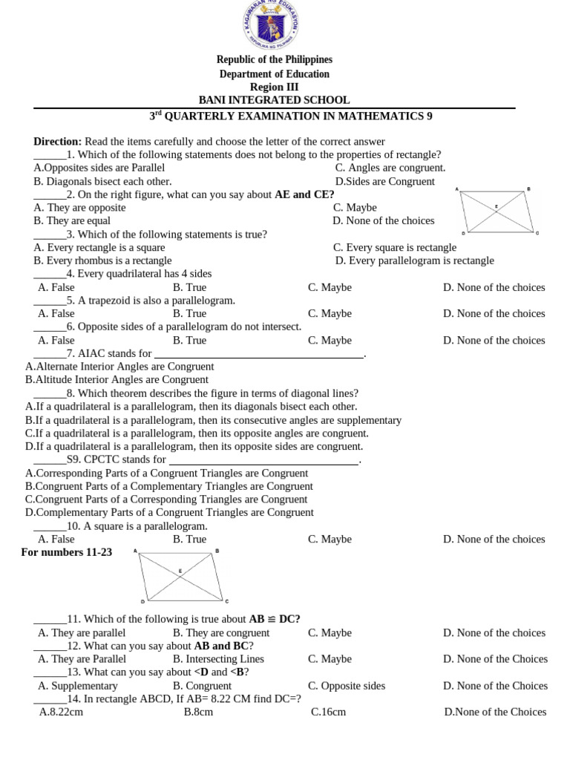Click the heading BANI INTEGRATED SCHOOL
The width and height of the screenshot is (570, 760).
pos(274,100)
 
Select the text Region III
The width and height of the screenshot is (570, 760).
pos(274,87)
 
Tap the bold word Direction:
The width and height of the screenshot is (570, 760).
pos(57,141)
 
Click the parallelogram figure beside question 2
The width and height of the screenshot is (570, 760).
pos(497,212)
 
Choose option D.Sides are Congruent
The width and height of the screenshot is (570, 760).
pos(385,181)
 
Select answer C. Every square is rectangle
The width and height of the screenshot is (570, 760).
pos(395,247)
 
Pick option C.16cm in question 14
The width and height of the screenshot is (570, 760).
pos(328,712)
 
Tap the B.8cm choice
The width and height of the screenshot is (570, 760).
pos(198,712)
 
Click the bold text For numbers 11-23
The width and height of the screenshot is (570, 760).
pos(67,552)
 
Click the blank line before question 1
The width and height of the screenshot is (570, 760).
pos(50,155)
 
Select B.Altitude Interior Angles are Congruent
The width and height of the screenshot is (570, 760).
pos(117,380)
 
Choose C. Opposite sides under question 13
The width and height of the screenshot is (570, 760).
pos(354,686)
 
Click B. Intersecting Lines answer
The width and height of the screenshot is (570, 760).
pos(218,659)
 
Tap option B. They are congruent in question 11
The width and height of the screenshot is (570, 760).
pos(221,633)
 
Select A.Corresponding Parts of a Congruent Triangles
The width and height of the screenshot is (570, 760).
pos(167,474)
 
